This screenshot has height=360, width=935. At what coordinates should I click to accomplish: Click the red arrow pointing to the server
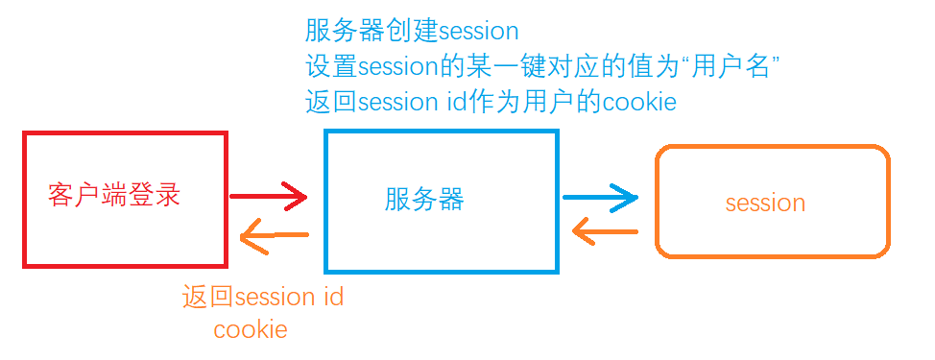tap(269, 198)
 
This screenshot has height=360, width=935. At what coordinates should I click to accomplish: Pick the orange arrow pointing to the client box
tap(274, 235)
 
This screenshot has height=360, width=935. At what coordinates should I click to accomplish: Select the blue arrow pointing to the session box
tap(600, 199)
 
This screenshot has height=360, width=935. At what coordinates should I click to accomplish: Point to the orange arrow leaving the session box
tap(605, 231)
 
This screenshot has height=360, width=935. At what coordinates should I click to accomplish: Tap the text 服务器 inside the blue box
tap(424, 200)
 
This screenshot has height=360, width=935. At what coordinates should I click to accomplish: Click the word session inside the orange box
tap(765, 203)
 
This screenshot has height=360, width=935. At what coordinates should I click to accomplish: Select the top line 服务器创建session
tap(412, 32)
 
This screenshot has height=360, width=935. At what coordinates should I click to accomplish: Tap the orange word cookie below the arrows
tap(251, 329)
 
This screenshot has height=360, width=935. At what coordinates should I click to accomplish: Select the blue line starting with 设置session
tap(541, 67)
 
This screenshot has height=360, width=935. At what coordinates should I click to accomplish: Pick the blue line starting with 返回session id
tap(491, 102)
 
